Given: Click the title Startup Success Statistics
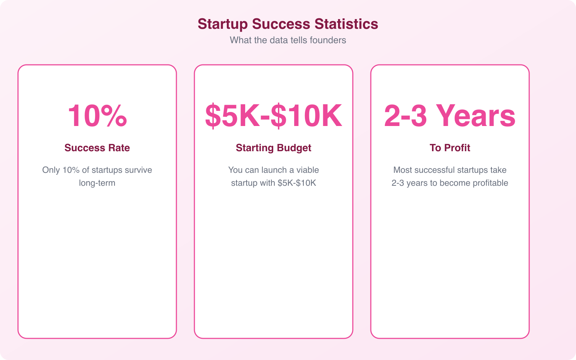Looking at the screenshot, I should point(288,24).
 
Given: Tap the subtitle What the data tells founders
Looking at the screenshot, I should point(288,40).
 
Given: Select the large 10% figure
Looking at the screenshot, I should point(97,116).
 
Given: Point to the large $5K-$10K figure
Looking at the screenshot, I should point(274,116).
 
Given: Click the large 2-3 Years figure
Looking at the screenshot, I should point(450,116).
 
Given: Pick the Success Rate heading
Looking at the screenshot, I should point(97,148).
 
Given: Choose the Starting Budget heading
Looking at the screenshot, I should point(274,148).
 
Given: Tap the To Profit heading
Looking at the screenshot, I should point(450,148).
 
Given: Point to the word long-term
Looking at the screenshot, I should point(97,183).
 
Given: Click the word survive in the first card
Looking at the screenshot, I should point(138,170).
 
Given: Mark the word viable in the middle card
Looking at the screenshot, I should point(307,170).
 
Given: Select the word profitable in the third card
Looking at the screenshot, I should point(490,183).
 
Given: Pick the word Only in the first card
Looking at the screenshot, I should point(51,170).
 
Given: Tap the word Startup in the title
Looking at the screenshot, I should point(222,24).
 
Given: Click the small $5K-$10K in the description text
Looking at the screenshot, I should point(297,183).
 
